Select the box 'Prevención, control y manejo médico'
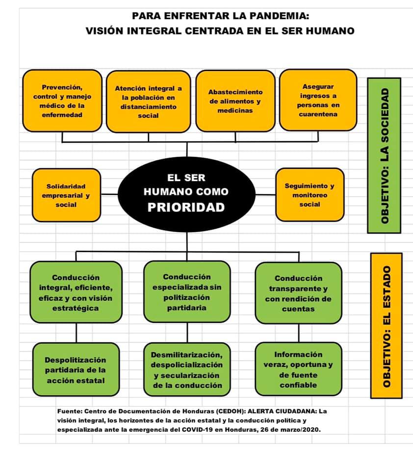pos(62,101)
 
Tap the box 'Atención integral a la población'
pos(148,102)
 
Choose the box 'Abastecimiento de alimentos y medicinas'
pos(235,101)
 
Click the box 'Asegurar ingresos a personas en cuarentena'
pos(318,100)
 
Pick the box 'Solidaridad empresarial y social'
pos(66,195)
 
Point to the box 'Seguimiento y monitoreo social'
pos(310,195)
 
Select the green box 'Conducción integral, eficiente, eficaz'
pos(76,292)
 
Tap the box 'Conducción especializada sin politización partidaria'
pos(186,292)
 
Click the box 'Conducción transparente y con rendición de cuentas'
pos(298,293)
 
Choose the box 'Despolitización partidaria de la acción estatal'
pos(76,370)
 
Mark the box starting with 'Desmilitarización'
pos(186,370)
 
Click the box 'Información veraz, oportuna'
pos(298,369)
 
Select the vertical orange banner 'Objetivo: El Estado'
pos(386,325)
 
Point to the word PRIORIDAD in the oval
pos(186,207)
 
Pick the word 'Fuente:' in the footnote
pos(69,411)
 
